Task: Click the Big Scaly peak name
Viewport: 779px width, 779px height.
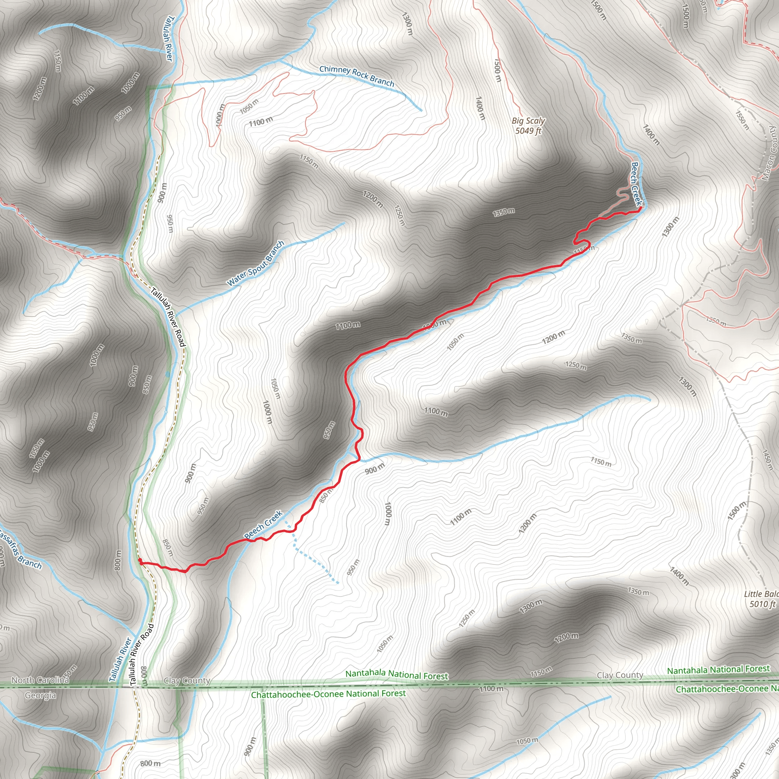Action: click(528, 121)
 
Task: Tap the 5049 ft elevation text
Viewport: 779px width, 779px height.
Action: click(528, 130)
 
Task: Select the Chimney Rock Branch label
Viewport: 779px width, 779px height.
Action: click(356, 76)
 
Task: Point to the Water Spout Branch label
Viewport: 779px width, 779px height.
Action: click(256, 263)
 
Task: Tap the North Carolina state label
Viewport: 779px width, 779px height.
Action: click(40, 680)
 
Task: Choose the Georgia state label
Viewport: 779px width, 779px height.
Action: click(40, 695)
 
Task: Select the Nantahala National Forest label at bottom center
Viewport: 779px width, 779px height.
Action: click(396, 674)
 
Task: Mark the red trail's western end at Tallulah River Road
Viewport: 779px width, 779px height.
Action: click(140, 560)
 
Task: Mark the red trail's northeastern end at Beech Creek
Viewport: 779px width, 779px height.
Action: click(640, 208)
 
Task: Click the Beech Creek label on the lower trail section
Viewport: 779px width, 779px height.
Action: click(263, 525)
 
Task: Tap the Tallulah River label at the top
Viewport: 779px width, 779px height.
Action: click(170, 39)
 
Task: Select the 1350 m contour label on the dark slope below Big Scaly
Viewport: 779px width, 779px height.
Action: click(504, 212)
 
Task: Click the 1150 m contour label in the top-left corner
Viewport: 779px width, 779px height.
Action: click(57, 61)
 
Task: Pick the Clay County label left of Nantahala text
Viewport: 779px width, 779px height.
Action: click(187, 681)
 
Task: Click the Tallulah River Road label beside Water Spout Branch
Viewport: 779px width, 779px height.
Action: click(168, 317)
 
